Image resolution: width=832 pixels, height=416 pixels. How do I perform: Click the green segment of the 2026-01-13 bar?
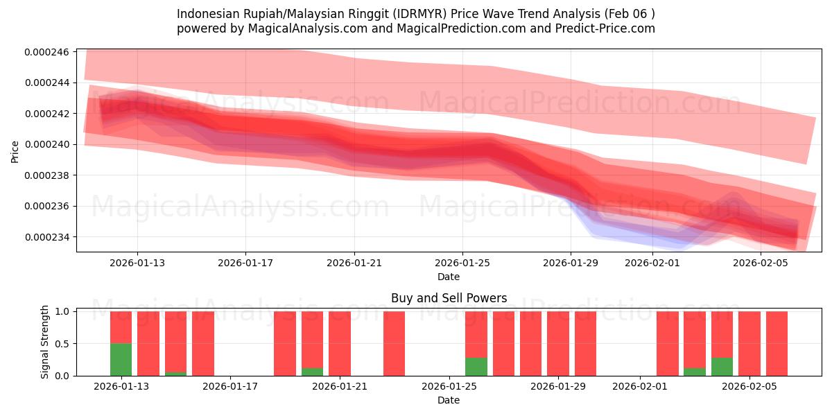121,359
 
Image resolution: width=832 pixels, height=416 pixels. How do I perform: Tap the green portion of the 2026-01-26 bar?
476,367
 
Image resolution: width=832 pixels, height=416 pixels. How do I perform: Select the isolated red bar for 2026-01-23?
394,343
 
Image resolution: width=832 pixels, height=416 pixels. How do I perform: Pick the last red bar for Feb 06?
777,343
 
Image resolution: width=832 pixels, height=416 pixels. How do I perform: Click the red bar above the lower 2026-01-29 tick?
558,343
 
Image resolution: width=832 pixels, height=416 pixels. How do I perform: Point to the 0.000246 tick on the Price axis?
46,52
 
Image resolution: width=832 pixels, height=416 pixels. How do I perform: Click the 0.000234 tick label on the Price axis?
46,238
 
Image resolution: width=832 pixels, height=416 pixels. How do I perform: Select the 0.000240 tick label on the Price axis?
46,145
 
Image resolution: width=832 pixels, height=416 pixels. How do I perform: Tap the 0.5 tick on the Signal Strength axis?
63,344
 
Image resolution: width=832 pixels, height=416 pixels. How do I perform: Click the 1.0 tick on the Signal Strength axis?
63,312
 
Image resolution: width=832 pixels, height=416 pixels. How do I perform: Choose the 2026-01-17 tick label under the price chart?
245,263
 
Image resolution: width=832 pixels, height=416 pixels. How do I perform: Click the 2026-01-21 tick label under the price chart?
354,263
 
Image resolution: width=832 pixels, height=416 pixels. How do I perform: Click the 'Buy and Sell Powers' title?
449,299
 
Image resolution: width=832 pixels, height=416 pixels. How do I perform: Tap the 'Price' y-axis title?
15,150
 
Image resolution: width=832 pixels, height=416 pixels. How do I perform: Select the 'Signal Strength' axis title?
45,342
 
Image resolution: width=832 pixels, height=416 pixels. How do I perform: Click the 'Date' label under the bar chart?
449,400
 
